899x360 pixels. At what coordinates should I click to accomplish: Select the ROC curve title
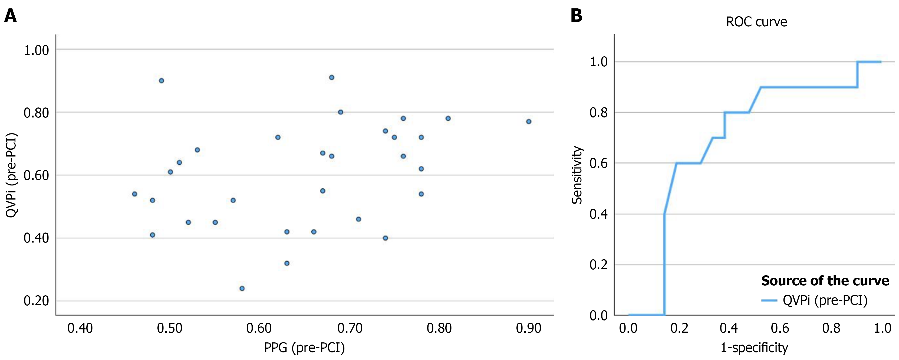point(756,22)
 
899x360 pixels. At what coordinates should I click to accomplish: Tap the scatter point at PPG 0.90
point(528,122)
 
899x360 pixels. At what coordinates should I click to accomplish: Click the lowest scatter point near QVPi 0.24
point(242,289)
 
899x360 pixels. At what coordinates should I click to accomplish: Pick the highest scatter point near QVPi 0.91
point(331,77)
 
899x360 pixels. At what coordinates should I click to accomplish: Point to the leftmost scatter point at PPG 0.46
point(134,194)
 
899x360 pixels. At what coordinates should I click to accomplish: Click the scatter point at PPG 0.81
point(448,118)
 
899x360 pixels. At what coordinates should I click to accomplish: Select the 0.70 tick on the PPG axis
point(350,329)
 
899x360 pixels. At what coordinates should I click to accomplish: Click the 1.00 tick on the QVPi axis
point(36,50)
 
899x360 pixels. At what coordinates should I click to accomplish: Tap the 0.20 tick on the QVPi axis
point(36,301)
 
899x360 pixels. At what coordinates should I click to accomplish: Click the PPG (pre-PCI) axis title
point(304,348)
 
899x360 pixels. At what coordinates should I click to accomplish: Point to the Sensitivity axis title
point(577,175)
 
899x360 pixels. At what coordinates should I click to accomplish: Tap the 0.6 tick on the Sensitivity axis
point(598,163)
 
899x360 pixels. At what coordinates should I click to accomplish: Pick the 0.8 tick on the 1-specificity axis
point(831,329)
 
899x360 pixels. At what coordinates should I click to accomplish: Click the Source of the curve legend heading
point(825,281)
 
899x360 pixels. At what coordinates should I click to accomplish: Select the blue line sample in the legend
point(769,300)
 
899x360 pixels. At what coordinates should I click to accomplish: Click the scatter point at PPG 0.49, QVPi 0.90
point(161,81)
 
